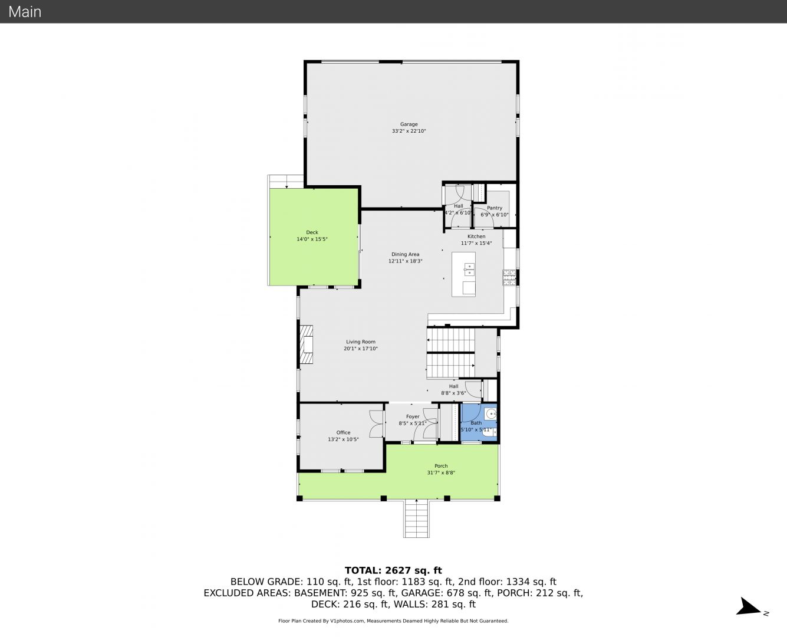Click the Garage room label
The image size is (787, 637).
pyautogui.click(x=409, y=124)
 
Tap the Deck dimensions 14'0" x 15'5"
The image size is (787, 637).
pyautogui.click(x=312, y=239)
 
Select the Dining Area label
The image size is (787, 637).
pyautogui.click(x=406, y=254)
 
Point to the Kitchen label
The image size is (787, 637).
pyautogui.click(x=476, y=237)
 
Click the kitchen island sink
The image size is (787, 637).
pyautogui.click(x=469, y=270)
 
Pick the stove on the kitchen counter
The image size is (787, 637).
pyautogui.click(x=509, y=278)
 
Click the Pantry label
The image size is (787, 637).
pyautogui.click(x=495, y=208)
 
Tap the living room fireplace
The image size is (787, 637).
pyautogui.click(x=307, y=344)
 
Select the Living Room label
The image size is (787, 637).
pyautogui.click(x=361, y=342)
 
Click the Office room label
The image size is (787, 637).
pyautogui.click(x=343, y=432)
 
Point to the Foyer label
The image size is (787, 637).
pyautogui.click(x=413, y=416)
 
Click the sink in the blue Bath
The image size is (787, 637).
pyautogui.click(x=490, y=414)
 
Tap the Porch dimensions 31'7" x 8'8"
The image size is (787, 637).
pyautogui.click(x=441, y=472)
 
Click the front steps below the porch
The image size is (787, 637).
pyautogui.click(x=416, y=518)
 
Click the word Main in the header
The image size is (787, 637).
pyautogui.click(x=25, y=12)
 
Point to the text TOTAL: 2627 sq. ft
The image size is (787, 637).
pyautogui.click(x=393, y=570)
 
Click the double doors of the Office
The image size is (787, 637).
pyautogui.click(x=377, y=423)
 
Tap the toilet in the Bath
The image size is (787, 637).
pyautogui.click(x=489, y=432)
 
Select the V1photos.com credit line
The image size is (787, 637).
pyautogui.click(x=393, y=620)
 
